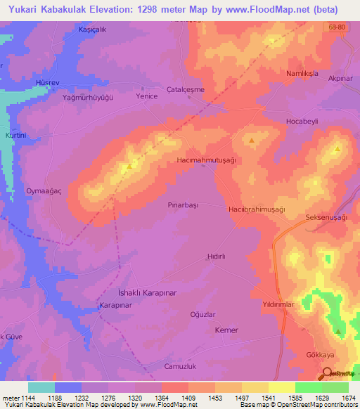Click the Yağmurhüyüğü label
coord(87,98)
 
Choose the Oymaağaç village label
coord(44,190)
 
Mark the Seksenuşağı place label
coord(326,218)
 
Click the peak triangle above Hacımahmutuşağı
coord(252,140)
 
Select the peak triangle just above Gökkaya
coord(339,331)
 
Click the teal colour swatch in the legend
coord(41,387)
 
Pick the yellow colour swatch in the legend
coord(281,387)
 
